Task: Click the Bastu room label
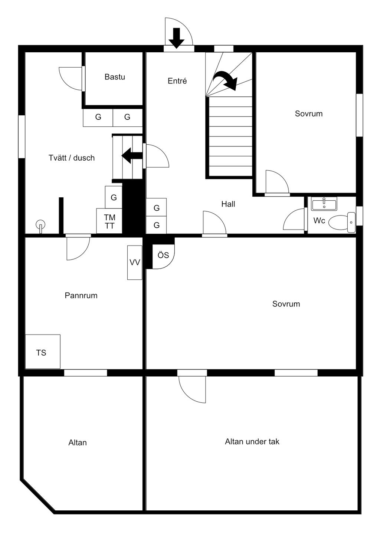115,77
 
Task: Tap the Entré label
177,81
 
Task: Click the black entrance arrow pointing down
177,37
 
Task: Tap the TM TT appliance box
109,221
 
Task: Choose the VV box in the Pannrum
135,263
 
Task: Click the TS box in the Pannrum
42,352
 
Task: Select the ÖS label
163,255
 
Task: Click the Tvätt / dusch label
72,158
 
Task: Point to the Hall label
228,204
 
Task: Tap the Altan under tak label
252,441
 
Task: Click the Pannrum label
81,296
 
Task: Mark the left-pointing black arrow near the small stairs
132,155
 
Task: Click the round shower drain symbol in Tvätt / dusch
41,224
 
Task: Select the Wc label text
319,221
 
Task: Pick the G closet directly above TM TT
114,197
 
